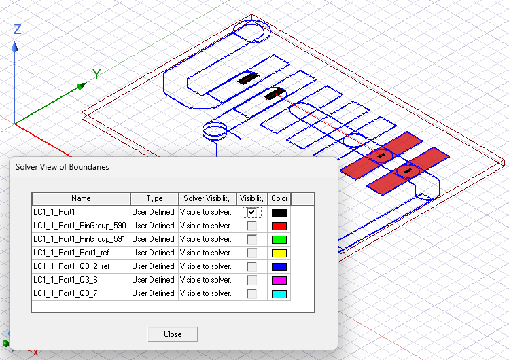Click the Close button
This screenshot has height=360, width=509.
click(x=173, y=334)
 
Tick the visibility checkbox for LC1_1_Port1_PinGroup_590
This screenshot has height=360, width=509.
click(x=251, y=226)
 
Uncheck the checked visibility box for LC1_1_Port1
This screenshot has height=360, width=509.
click(x=251, y=212)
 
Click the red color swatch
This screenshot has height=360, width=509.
click(x=279, y=226)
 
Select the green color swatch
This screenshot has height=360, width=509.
click(x=279, y=240)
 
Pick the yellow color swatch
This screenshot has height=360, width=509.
click(x=279, y=253)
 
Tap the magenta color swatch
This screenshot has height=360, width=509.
click(x=279, y=281)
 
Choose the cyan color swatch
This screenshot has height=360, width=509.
click(x=279, y=294)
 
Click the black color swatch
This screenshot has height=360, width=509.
click(x=279, y=213)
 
